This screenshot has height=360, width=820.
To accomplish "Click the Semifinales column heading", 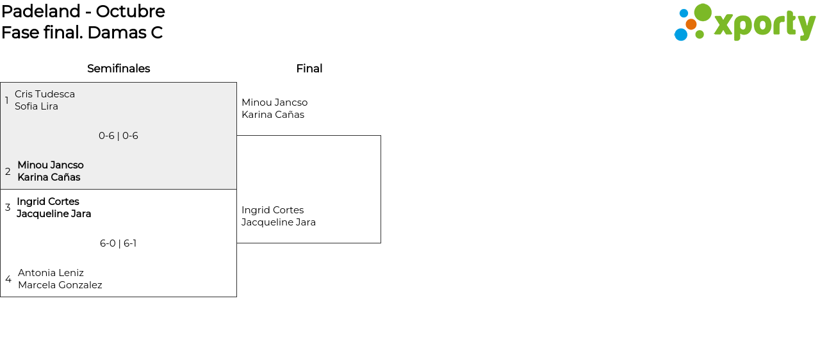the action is click(x=119, y=69).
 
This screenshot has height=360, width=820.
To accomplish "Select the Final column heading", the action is click(x=309, y=69).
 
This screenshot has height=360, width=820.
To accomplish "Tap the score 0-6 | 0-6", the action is click(x=119, y=136).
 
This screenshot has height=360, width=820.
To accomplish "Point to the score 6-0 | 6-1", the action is click(x=119, y=243).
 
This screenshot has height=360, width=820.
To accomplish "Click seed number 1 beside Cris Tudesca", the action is click(x=6, y=100).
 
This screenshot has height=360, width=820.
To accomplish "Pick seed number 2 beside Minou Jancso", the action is click(x=8, y=171).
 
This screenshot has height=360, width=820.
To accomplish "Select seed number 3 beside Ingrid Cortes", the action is click(x=8, y=208).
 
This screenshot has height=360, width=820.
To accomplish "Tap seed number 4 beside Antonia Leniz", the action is click(x=8, y=279).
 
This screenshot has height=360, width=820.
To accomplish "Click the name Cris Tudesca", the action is click(x=45, y=94).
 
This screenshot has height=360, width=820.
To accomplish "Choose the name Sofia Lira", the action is click(x=37, y=106).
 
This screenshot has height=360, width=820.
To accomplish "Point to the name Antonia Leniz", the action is click(x=51, y=272).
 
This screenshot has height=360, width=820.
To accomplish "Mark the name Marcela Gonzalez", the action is click(x=60, y=284).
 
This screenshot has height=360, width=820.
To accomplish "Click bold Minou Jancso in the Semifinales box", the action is click(x=51, y=165).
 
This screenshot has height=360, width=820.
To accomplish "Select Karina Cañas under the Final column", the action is click(x=273, y=115).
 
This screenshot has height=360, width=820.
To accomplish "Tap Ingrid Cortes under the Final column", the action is click(x=273, y=210).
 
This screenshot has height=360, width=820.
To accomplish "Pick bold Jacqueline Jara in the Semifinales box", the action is click(x=54, y=214).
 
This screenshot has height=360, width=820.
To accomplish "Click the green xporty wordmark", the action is click(x=765, y=26).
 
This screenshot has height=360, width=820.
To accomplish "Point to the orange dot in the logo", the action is click(x=691, y=24).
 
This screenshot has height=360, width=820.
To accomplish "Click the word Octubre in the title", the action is click(x=130, y=12).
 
